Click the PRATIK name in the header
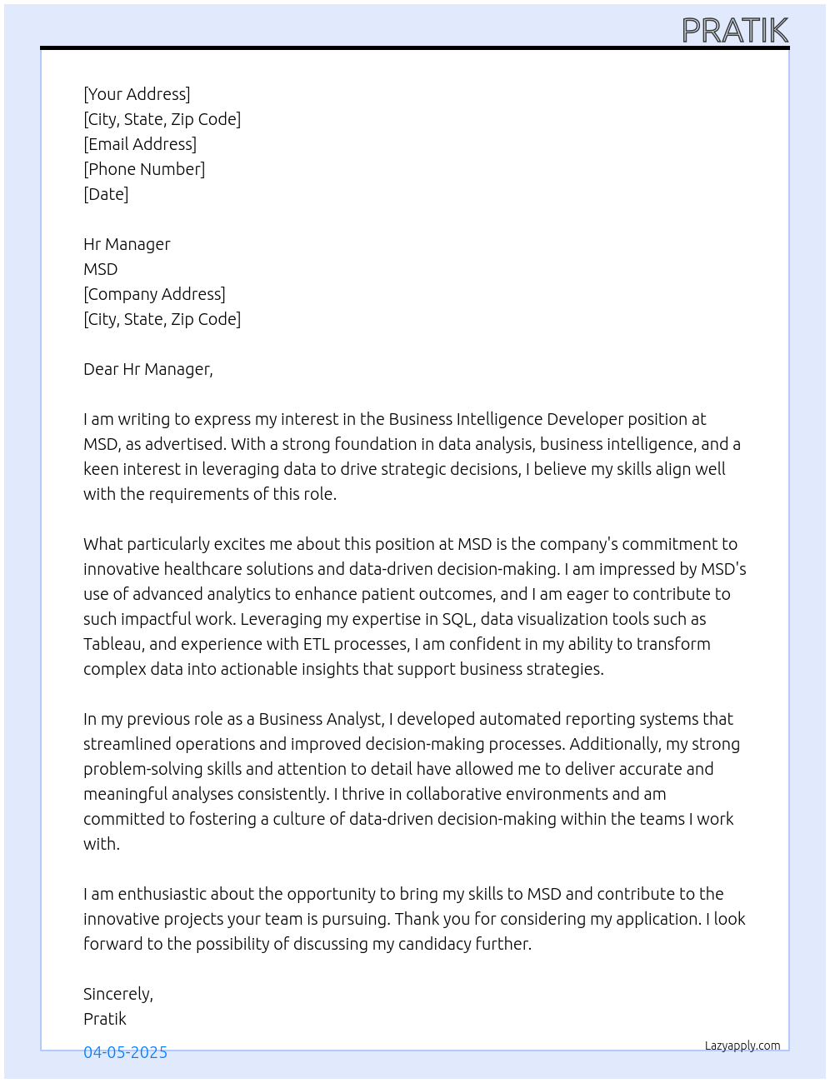[x=734, y=31]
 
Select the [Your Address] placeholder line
[x=137, y=94]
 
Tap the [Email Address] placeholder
[x=140, y=144]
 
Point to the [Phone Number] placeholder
[x=144, y=169]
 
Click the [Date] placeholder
[x=106, y=194]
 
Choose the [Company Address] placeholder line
[x=154, y=294]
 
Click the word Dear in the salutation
[x=101, y=369]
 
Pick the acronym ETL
[x=317, y=644]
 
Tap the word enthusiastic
[x=162, y=894]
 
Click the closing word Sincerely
[x=117, y=994]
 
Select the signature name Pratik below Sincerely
[x=105, y=1019]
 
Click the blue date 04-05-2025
[x=125, y=1052]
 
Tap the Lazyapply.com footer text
[x=742, y=1046]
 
